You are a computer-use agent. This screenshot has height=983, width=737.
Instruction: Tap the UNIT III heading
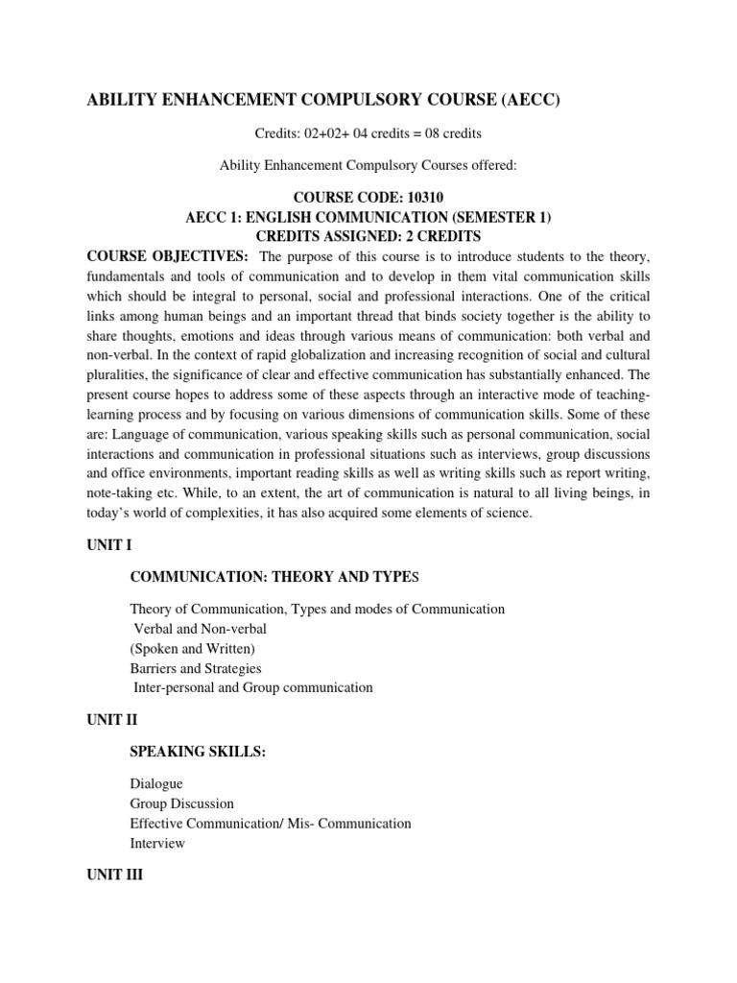pyautogui.click(x=113, y=875)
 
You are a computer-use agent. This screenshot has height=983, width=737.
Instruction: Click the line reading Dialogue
pyautogui.click(x=155, y=783)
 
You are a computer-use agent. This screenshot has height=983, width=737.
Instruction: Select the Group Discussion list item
pyautogui.click(x=181, y=803)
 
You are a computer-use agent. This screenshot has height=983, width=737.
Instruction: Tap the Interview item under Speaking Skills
pyautogui.click(x=157, y=843)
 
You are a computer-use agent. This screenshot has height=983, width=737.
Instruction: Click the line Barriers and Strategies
pyautogui.click(x=196, y=668)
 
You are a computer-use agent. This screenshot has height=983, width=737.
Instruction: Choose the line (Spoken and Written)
pyautogui.click(x=192, y=649)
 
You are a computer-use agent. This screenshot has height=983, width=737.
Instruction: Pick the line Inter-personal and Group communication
pyautogui.click(x=252, y=687)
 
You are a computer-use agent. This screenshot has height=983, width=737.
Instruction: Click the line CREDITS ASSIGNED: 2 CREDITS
pyautogui.click(x=368, y=236)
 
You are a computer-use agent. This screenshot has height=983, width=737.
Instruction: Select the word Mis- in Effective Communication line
pyautogui.click(x=309, y=824)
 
